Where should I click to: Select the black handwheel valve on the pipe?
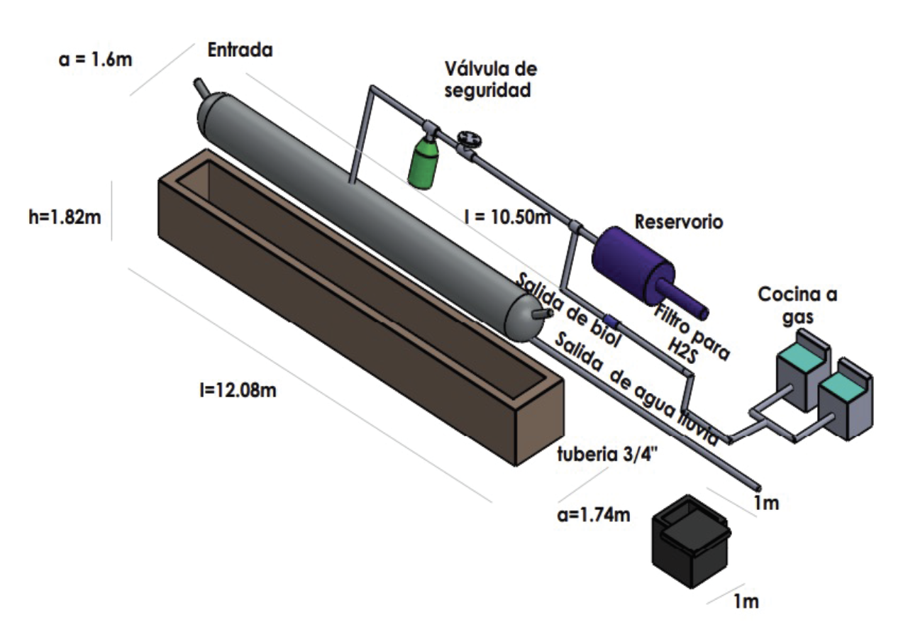470,140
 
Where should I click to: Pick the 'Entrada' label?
240,50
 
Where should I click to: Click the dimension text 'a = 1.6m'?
96,60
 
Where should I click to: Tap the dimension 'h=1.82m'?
65,218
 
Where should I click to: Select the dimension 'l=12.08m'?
238,390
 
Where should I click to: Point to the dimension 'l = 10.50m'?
507,217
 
